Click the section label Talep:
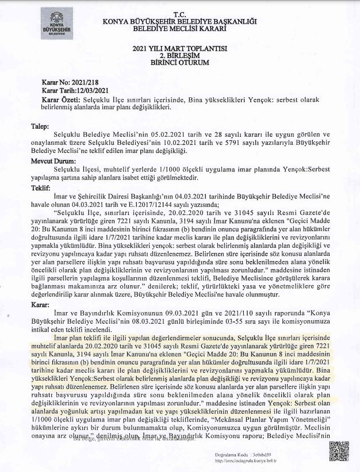coord(40,125)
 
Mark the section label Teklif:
coord(41,187)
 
